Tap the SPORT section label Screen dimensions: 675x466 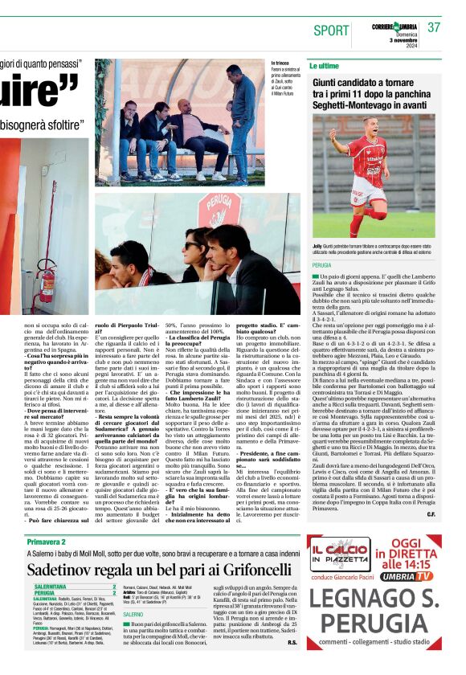pos(331,31)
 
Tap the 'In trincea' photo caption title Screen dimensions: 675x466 pos(280,62)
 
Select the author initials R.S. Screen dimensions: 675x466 pos(292,642)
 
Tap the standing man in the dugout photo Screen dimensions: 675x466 pos(243,121)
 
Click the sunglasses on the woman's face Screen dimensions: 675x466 pos(194,246)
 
